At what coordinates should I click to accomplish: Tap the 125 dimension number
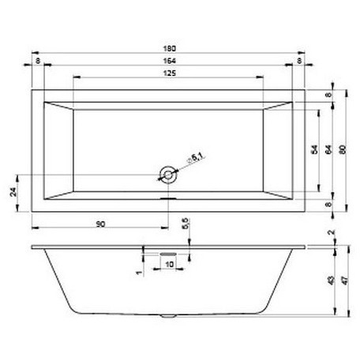coord(167,73)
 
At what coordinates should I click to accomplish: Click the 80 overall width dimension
coord(342,147)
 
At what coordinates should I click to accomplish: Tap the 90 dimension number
coord(100,225)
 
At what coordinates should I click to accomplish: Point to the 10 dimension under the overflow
coord(168,264)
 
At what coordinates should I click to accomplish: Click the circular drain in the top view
coord(167,174)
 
